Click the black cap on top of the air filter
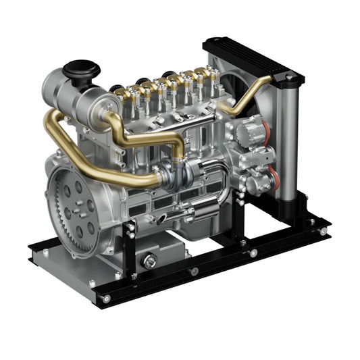point(81,68)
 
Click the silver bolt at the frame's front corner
point(106,298)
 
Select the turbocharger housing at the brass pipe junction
point(178,176)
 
